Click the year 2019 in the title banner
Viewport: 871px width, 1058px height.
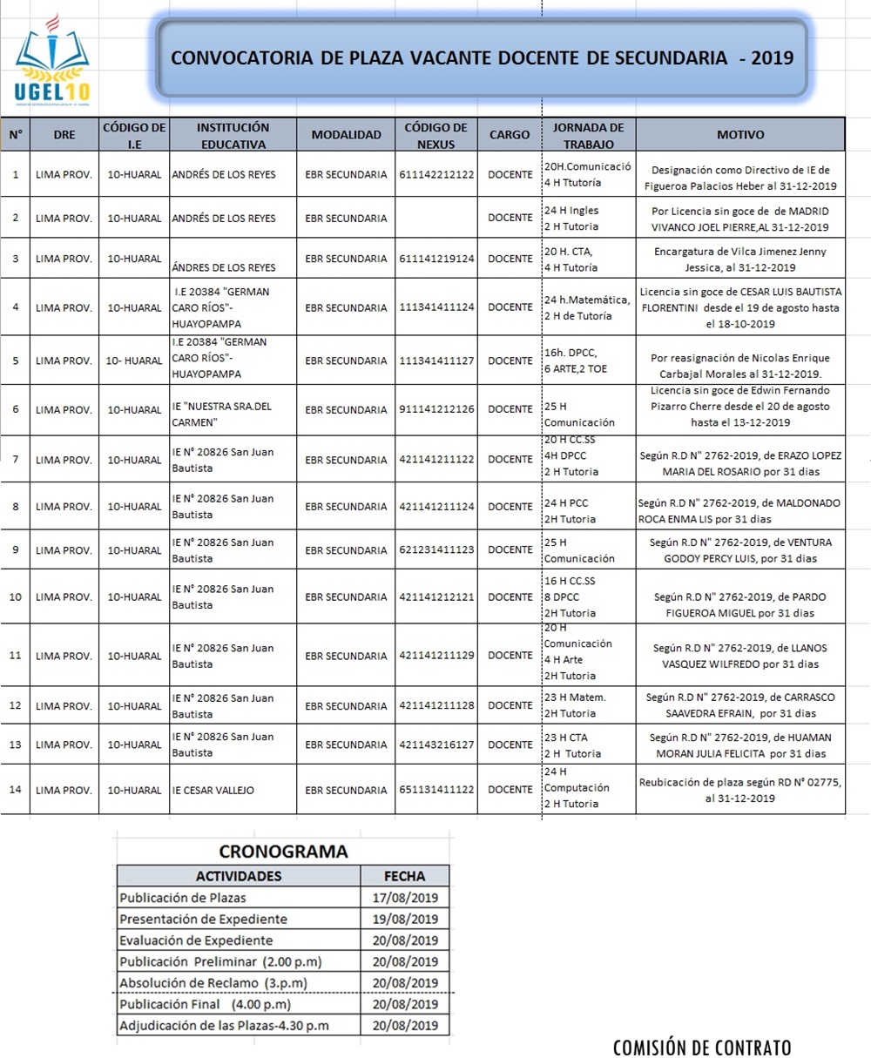(x=772, y=58)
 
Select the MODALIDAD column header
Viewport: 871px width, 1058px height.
(x=347, y=135)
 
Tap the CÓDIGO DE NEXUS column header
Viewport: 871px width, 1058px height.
(x=436, y=135)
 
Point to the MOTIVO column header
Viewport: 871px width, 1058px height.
(x=740, y=135)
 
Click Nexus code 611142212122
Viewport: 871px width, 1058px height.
(x=437, y=174)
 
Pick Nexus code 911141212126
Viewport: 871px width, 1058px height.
(x=437, y=409)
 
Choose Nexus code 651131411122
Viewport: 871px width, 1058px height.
(x=437, y=790)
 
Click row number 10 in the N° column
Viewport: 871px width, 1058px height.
(x=15, y=596)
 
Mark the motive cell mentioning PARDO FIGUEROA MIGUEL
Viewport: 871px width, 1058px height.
(x=740, y=604)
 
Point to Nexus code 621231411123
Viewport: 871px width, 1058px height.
(x=437, y=550)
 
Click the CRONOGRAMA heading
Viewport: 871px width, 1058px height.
(x=283, y=852)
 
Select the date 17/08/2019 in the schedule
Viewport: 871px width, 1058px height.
(x=405, y=898)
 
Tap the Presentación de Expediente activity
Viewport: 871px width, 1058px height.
(x=203, y=919)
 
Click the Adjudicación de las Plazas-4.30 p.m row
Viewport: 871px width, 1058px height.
(x=224, y=1025)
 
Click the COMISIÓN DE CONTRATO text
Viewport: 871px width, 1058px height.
(x=702, y=1047)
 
